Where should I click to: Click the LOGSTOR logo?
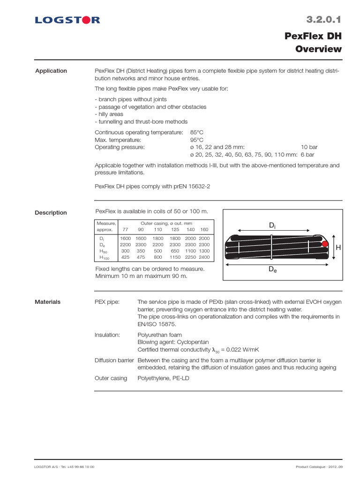(x=67, y=20)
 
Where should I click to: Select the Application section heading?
(x=51, y=71)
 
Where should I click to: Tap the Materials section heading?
(x=48, y=302)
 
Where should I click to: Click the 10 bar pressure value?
(x=310, y=147)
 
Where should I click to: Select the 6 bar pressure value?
(x=307, y=154)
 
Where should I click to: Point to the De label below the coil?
(x=272, y=270)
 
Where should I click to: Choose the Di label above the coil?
(x=272, y=225)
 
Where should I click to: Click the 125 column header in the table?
(x=175, y=230)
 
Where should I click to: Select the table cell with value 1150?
(x=175, y=257)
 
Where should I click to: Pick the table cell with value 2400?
(x=204, y=257)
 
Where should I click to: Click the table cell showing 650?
(x=175, y=251)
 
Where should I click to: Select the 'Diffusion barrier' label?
(x=114, y=360)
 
